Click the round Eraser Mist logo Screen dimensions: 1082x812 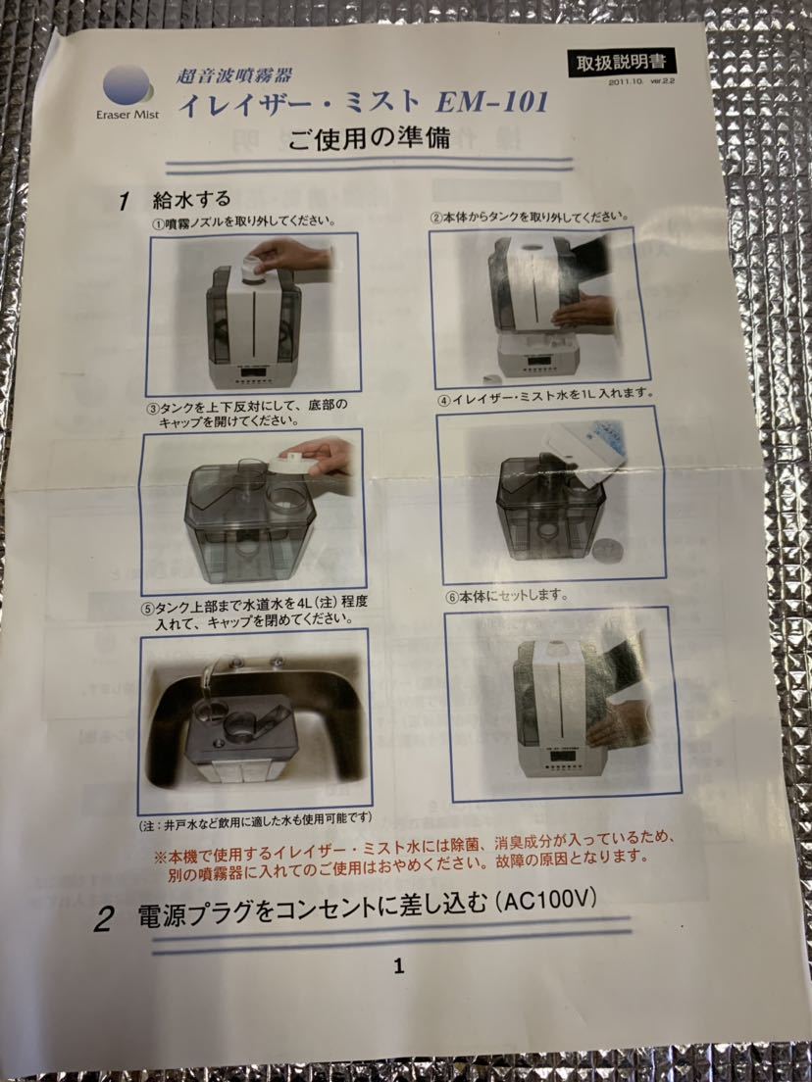(x=127, y=83)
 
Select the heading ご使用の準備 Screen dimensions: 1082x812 (x=369, y=138)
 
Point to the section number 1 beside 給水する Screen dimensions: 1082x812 (x=124, y=202)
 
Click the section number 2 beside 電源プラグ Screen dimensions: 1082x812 (x=103, y=919)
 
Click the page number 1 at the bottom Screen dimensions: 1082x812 (x=398, y=966)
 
